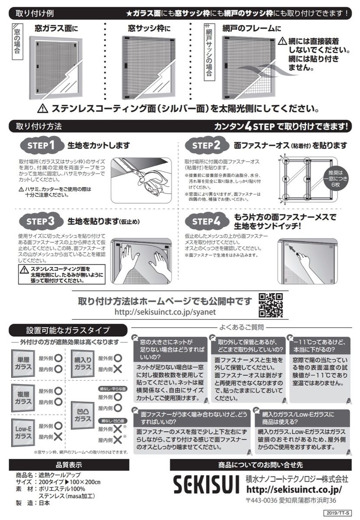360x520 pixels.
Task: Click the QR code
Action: [x=271, y=305]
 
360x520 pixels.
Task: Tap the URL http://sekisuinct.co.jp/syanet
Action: [x=164, y=312]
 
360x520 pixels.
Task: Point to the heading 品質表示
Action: [x=69, y=465]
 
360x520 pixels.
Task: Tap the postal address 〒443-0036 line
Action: [x=291, y=500]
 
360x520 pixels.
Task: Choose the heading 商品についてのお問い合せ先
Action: [x=260, y=465]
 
